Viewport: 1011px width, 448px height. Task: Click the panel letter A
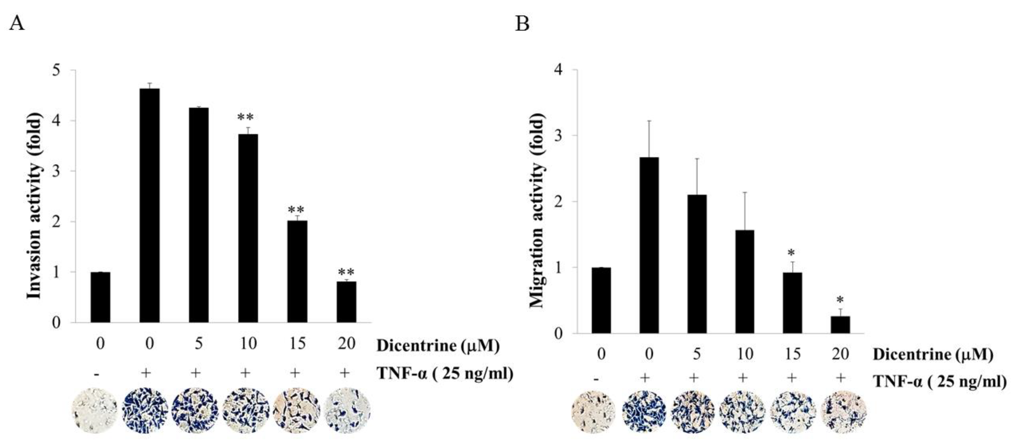click(x=17, y=23)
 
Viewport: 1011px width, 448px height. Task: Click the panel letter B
click(x=522, y=23)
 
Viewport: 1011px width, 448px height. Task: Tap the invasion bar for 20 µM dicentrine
click(x=346, y=302)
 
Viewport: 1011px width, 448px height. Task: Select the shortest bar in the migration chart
click(x=840, y=325)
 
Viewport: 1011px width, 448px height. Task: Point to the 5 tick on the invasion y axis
click(x=57, y=71)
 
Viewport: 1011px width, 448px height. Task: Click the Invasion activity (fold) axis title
click(x=35, y=206)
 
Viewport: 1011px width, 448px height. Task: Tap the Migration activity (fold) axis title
click(x=537, y=210)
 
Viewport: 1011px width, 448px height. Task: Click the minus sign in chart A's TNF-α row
click(x=97, y=374)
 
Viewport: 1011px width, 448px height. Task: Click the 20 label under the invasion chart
click(x=346, y=344)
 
